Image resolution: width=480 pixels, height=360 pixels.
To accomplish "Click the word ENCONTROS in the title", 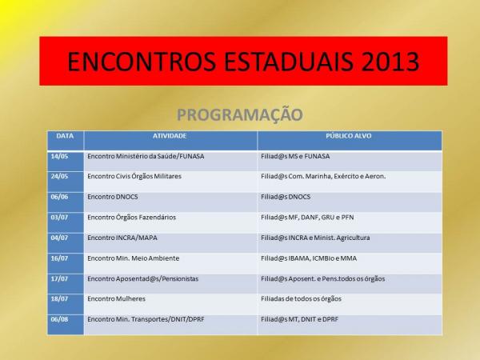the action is click(x=142, y=62).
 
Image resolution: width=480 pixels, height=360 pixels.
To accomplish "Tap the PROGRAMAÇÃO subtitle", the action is click(x=240, y=115).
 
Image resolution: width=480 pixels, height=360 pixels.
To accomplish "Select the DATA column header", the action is click(x=65, y=136).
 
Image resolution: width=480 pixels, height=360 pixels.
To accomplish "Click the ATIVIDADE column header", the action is click(x=170, y=136).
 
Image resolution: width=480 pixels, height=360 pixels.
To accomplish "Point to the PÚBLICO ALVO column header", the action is click(x=348, y=136).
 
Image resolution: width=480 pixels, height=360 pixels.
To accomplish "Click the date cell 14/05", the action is click(x=59, y=157).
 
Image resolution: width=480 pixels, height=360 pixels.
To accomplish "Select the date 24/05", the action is click(x=59, y=176).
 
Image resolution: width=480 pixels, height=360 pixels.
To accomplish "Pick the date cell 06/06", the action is click(x=59, y=197).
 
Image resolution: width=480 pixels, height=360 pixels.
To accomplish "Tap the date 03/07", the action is click(x=59, y=218).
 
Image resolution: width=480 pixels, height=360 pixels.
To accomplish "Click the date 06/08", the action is click(x=59, y=319).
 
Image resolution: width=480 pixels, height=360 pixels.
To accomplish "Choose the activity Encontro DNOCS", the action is click(x=113, y=197).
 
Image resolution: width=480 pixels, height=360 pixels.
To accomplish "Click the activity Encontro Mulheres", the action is click(x=116, y=298).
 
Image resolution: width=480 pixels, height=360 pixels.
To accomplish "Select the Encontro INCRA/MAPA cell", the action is click(x=122, y=238).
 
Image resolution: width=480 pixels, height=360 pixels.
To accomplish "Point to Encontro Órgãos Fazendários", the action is click(x=132, y=218).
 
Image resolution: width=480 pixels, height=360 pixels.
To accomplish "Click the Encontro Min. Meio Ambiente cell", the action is click(x=134, y=258).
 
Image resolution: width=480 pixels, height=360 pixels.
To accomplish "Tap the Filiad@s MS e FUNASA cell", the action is click(x=295, y=157).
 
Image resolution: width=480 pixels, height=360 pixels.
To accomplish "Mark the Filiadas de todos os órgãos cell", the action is click(x=302, y=298).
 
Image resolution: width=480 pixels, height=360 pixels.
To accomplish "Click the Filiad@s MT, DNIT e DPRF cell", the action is click(x=300, y=319).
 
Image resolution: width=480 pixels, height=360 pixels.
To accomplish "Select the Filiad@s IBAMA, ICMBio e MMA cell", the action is click(x=309, y=258).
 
